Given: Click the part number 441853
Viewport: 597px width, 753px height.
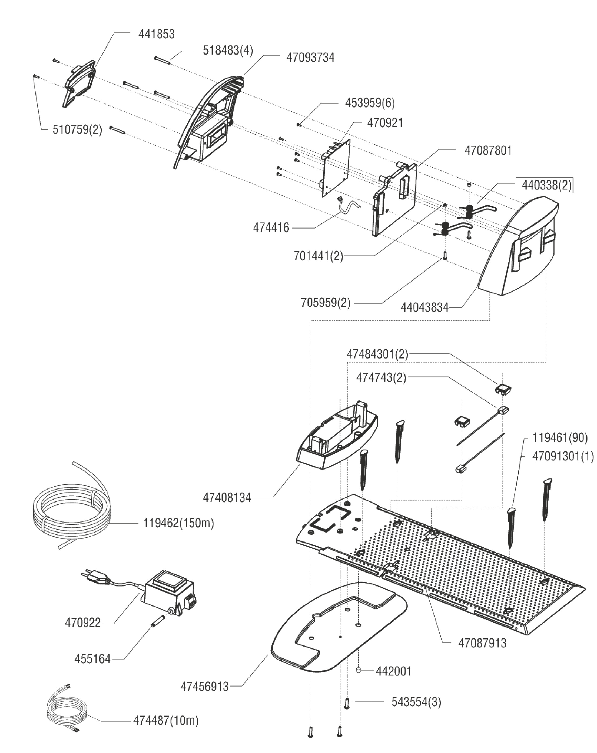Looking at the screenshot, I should point(156,34).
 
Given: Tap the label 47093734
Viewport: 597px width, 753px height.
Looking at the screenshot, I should point(310,58).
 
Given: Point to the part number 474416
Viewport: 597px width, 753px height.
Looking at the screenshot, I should point(271,228).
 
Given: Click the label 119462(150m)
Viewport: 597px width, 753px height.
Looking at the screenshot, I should point(178,523).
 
